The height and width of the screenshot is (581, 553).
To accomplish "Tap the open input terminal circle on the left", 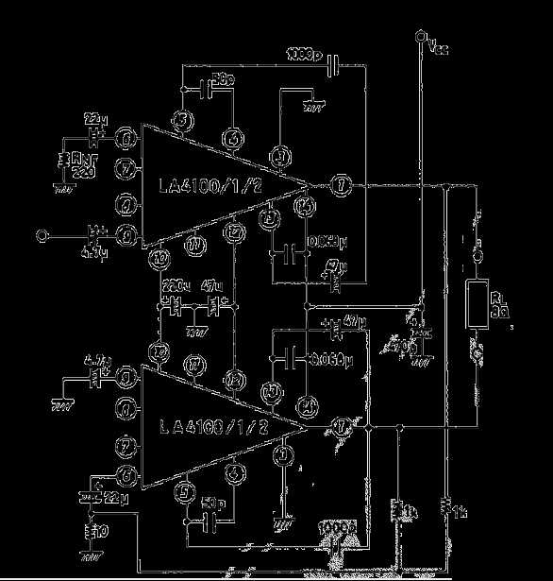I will pos(41,231).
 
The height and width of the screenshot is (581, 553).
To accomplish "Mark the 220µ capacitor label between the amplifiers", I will pos(175,283).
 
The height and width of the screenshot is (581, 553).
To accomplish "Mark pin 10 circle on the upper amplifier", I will pos(159,255).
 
